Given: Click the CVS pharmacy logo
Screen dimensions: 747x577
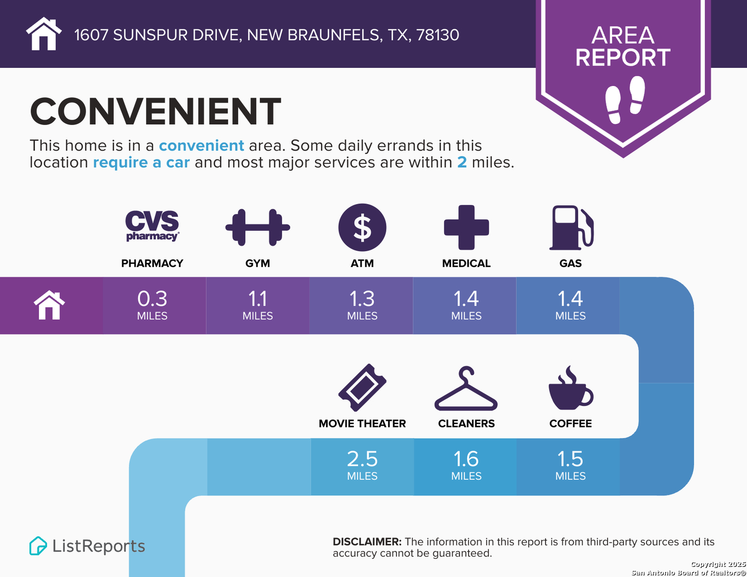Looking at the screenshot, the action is [152, 226].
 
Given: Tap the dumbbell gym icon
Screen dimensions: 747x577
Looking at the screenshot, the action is [258, 227].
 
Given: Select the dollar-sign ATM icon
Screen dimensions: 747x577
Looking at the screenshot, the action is [362, 227].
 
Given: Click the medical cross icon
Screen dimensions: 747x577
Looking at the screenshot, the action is [466, 227].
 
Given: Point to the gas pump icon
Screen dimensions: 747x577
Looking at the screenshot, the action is [571, 228].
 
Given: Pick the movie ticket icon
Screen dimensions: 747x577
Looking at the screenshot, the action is [362, 387].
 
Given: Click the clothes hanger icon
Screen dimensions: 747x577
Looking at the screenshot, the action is [466, 388].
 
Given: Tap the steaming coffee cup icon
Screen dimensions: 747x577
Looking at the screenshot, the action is [571, 388].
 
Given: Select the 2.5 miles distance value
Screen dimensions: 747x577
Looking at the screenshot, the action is [362, 459].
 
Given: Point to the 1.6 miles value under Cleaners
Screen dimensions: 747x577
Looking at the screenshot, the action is [466, 459].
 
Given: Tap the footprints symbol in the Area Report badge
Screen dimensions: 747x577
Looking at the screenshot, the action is [625, 100].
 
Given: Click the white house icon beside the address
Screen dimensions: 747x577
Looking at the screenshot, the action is [44, 34].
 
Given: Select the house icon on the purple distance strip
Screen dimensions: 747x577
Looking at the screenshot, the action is [49, 305].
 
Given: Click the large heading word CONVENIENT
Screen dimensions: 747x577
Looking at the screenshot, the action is [155, 111].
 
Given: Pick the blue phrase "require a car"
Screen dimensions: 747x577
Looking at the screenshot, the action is [141, 162].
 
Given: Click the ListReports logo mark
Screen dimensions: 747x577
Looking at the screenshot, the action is [38, 545].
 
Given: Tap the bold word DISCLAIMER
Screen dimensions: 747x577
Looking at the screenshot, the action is [367, 542].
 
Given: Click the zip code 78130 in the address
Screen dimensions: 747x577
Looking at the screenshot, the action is [438, 35].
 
